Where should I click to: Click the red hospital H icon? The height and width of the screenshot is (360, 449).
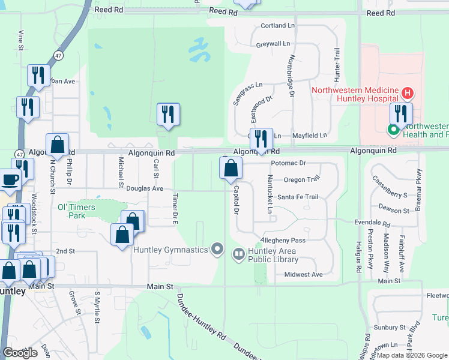click(408, 93)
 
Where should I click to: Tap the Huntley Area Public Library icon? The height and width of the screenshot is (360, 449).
click(239, 254)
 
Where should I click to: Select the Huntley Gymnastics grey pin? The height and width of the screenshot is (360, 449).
click(217, 249)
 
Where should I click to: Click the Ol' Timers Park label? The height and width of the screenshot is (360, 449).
click(76, 211)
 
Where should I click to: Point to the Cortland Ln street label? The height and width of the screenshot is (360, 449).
click(278, 26)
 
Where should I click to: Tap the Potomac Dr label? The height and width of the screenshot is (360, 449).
click(288, 163)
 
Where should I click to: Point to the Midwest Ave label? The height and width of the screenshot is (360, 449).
click(303, 274)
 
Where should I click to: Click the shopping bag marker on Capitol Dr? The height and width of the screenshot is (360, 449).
click(231, 169)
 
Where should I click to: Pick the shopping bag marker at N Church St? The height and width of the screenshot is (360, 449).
click(57, 145)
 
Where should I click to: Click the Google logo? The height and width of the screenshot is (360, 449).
click(20, 353)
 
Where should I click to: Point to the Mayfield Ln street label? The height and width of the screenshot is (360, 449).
click(310, 136)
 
